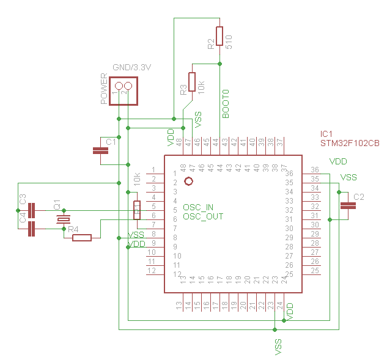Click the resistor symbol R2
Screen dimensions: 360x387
(219, 35)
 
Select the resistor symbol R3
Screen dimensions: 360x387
(192, 81)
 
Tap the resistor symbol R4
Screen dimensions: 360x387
(81, 238)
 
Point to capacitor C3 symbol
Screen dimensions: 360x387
(33, 210)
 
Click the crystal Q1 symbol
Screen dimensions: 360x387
(61, 219)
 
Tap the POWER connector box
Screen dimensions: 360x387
(122, 90)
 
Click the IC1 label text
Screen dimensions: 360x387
(327, 134)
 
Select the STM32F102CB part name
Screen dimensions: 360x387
(350, 144)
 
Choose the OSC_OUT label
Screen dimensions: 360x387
(203, 217)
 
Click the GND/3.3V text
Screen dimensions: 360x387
(131, 67)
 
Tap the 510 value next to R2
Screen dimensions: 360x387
(229, 41)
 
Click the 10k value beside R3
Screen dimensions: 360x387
(202, 86)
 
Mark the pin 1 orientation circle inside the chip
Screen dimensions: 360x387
(188, 182)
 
